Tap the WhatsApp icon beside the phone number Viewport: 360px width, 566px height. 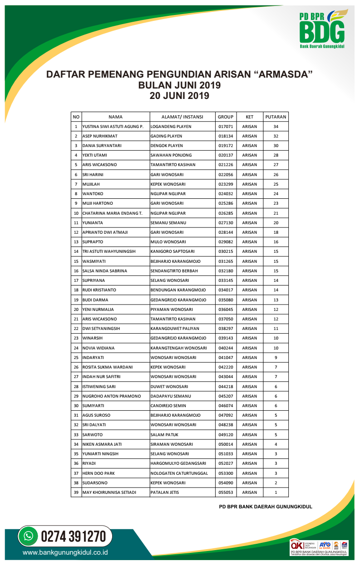[x=29, y=536]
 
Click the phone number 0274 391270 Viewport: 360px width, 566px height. [x=74, y=536]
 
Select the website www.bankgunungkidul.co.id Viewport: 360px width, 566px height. [x=65, y=553]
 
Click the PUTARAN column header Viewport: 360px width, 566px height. [x=276, y=117]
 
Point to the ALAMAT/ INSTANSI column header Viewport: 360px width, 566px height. [x=182, y=117]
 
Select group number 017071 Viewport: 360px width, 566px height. [x=226, y=127]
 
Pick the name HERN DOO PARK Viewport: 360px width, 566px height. [x=99, y=473]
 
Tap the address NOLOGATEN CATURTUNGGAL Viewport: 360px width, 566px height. [x=179, y=473]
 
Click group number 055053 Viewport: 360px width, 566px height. [x=226, y=492]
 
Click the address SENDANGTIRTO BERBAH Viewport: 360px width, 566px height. [x=174, y=271]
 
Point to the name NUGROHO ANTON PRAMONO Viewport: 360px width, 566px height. [x=112, y=396]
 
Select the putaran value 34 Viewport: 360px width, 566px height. [x=276, y=127]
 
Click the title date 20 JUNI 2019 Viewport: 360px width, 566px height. [x=179, y=96]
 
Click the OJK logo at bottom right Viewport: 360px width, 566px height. [x=297, y=545]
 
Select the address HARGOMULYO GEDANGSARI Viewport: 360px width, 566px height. [x=178, y=463]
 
